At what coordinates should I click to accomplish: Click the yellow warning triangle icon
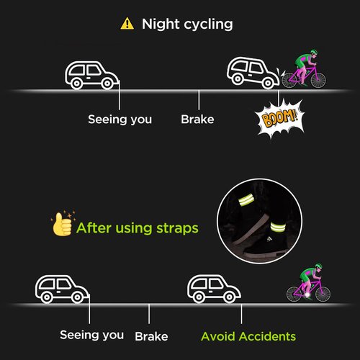[127, 24]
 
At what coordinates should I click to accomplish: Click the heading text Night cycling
[187, 24]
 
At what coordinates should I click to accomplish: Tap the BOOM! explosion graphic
[279, 118]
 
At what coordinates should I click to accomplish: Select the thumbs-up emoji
[62, 224]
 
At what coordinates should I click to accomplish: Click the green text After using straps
[138, 228]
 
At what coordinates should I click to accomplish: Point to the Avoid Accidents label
[248, 336]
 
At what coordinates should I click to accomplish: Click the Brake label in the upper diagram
[197, 120]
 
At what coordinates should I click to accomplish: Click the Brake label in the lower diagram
[151, 336]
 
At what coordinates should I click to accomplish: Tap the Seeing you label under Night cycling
[120, 120]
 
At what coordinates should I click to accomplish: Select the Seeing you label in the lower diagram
[91, 335]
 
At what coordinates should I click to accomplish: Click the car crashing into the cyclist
[253, 73]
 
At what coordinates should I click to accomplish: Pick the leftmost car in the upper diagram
[91, 75]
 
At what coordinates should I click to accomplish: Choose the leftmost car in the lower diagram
[62, 289]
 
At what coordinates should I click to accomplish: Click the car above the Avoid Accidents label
[214, 289]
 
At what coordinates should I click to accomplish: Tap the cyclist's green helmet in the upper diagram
[314, 52]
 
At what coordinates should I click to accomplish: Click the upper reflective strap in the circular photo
[246, 201]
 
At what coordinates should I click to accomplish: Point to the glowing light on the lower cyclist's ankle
[307, 294]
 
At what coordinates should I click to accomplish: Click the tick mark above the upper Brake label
[199, 100]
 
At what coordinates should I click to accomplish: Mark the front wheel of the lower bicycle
[323, 294]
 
